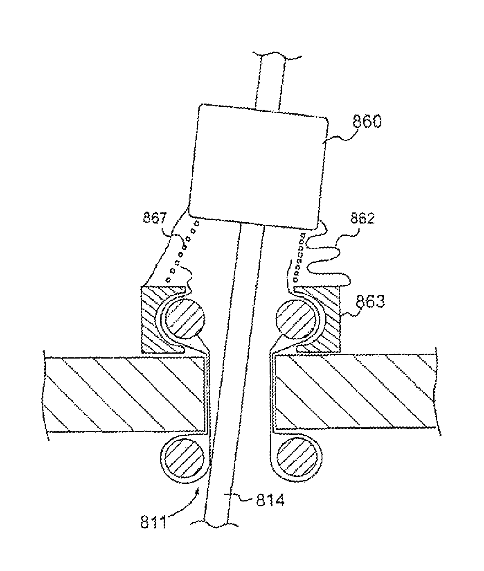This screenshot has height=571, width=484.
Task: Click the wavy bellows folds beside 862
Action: (x=327, y=262)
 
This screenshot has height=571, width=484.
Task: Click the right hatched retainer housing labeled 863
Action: (x=331, y=323)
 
